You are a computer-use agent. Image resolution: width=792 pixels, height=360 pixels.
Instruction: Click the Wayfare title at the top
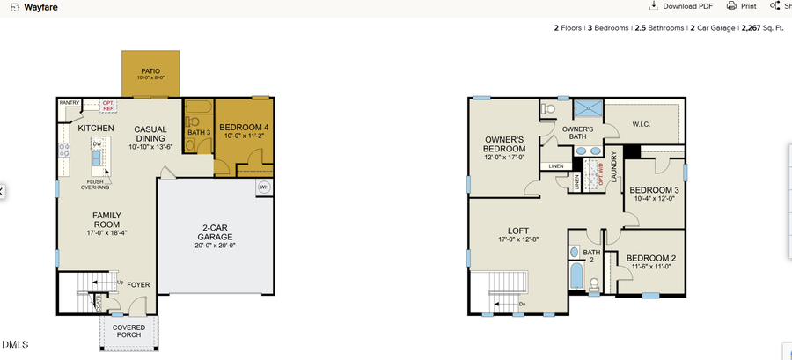click(x=41, y=7)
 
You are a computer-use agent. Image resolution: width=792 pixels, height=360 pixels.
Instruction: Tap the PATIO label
click(x=150, y=70)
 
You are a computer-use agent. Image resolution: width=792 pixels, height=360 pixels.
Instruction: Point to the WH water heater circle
click(x=264, y=187)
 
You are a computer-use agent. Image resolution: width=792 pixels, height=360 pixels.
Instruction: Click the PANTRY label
click(x=70, y=103)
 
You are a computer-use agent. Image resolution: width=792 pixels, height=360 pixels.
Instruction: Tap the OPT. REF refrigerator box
click(x=108, y=106)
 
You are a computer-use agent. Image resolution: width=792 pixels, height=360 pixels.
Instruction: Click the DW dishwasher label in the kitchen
click(x=97, y=143)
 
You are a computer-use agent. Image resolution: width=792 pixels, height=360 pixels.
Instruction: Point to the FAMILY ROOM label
click(x=106, y=220)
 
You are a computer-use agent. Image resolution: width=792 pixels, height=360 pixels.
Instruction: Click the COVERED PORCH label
click(x=128, y=331)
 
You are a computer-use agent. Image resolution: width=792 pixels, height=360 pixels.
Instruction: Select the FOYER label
click(x=138, y=285)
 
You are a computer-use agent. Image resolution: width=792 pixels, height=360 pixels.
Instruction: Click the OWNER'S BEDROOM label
click(x=504, y=144)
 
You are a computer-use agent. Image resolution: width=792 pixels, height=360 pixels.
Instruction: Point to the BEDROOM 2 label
click(x=652, y=258)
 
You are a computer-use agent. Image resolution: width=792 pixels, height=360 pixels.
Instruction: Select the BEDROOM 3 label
click(x=654, y=190)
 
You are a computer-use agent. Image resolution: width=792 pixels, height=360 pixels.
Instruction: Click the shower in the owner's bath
click(x=585, y=109)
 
